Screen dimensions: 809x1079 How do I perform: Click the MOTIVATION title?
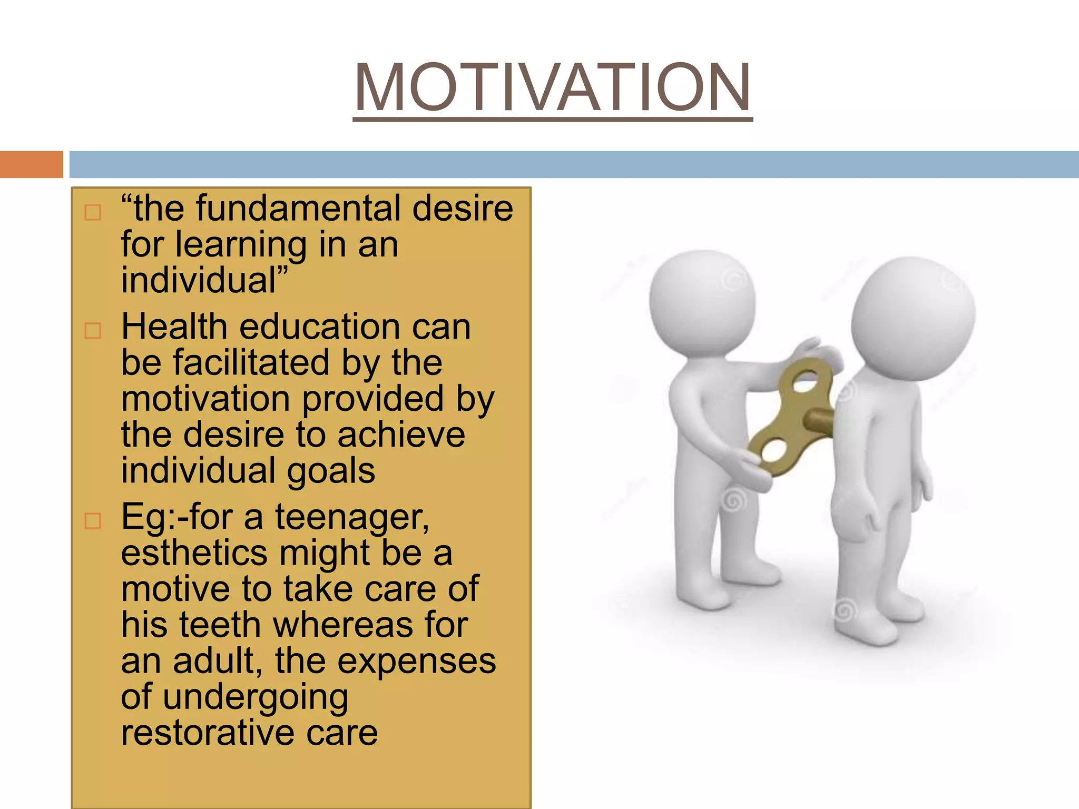click(x=552, y=87)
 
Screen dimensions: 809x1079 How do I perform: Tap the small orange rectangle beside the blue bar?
click(x=31, y=164)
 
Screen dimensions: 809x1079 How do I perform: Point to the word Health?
click(x=174, y=327)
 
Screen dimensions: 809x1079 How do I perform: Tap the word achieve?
click(x=401, y=435)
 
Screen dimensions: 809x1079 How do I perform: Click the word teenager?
click(x=352, y=518)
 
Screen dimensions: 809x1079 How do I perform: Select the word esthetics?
click(x=194, y=553)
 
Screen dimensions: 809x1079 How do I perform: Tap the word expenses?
click(x=416, y=661)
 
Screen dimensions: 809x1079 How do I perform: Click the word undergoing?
click(x=255, y=697)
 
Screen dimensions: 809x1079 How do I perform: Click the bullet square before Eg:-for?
click(x=93, y=521)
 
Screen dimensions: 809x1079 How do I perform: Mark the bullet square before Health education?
click(x=93, y=331)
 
